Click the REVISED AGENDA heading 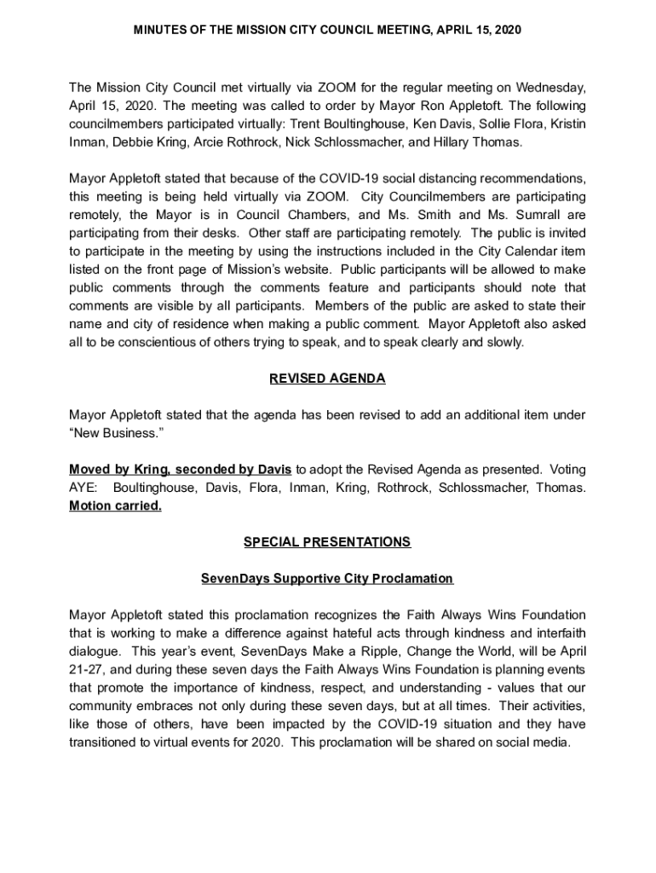point(327,379)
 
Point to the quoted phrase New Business point(116,433)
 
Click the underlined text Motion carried point(115,506)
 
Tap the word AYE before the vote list point(83,488)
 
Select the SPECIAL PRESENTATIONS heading point(327,542)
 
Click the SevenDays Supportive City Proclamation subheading point(327,579)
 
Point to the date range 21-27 point(86,669)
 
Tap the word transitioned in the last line point(107,742)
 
